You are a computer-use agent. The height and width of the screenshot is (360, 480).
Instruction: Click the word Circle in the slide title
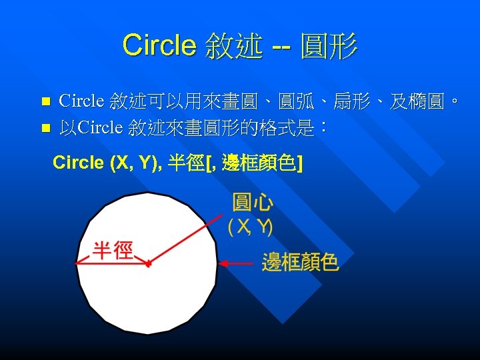[x=159, y=45]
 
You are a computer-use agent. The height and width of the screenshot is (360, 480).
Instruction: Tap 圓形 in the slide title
[x=329, y=47]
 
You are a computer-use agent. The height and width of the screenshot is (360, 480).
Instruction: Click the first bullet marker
[x=45, y=102]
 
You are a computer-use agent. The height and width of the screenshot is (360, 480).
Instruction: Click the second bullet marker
[x=45, y=127]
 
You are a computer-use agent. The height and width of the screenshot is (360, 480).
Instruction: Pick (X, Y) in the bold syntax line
[x=131, y=163]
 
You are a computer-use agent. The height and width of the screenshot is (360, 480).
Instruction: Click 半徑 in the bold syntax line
[x=187, y=163]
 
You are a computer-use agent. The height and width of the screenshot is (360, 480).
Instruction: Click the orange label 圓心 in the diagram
[x=251, y=203]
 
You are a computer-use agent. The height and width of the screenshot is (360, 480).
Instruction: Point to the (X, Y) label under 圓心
[x=250, y=227]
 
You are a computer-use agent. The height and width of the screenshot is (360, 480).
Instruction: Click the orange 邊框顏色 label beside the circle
[x=300, y=262]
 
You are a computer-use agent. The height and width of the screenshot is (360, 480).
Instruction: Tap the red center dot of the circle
[x=148, y=265]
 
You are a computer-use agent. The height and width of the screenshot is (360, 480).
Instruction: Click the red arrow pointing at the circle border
[x=237, y=264]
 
